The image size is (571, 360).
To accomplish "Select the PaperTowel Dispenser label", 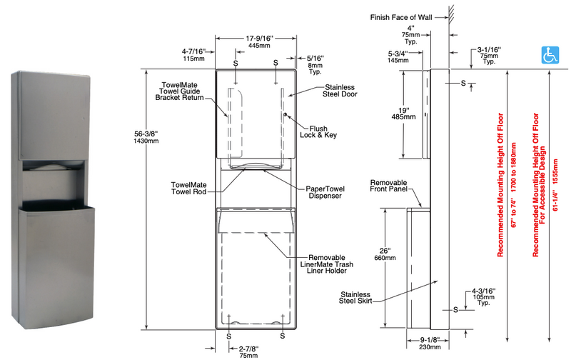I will (324, 193).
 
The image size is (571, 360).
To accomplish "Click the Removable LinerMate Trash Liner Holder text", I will (328, 264).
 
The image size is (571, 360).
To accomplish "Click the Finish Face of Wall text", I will (402, 16).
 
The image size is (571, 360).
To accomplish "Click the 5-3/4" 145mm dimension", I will (398, 58).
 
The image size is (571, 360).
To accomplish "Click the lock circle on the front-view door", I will (285, 116).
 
